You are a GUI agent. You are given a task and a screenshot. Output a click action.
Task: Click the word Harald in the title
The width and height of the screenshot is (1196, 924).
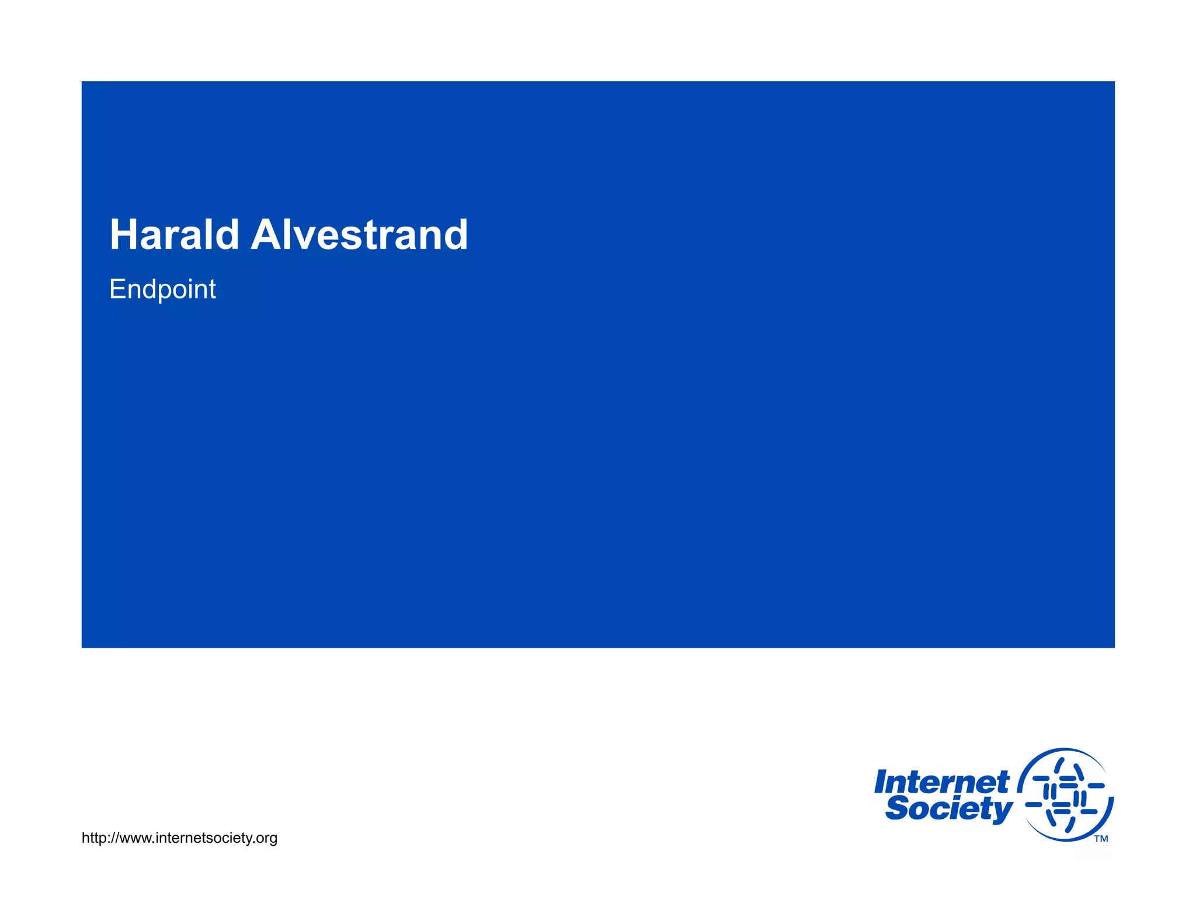click(x=174, y=235)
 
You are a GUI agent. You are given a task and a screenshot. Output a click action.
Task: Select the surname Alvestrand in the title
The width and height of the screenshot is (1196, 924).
click(x=359, y=235)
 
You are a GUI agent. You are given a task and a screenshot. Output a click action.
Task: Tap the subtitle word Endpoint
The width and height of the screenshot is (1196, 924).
click(x=162, y=289)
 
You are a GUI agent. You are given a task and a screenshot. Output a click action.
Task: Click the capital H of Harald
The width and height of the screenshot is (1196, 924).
click(x=123, y=235)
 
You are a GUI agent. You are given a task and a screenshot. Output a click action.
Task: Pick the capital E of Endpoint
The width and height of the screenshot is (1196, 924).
click(x=117, y=289)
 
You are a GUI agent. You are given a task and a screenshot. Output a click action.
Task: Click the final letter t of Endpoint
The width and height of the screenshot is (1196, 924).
click(x=213, y=289)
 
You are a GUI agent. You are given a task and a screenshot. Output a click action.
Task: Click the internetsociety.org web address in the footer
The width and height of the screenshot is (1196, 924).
click(x=179, y=838)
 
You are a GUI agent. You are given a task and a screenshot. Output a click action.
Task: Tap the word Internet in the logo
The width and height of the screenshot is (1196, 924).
click(x=941, y=781)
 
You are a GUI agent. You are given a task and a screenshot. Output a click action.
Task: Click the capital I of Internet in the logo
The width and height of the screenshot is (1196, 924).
click(x=882, y=781)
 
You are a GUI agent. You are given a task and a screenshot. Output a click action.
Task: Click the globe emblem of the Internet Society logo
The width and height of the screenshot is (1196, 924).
click(x=1065, y=794)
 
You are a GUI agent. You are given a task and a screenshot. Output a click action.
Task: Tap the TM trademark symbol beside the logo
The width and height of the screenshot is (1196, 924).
click(x=1101, y=839)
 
